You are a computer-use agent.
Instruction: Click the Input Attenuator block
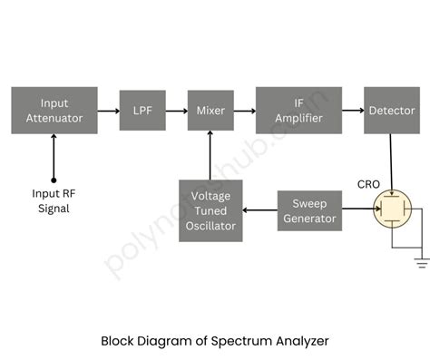54,111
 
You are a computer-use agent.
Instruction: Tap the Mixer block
210,111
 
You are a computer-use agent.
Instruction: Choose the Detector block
391,111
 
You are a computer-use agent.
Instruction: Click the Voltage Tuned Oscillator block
210,210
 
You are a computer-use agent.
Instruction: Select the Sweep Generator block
308,210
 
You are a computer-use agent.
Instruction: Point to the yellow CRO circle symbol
392,210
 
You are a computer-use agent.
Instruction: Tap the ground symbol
420,262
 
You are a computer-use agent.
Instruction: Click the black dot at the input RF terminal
54,180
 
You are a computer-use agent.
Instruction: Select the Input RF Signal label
54,201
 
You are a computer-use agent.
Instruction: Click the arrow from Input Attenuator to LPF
108,111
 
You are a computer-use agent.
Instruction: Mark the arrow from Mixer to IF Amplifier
245,111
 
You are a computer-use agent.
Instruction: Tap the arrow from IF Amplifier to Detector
354,111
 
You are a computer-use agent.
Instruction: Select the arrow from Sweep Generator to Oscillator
260,210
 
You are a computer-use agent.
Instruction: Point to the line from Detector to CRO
391,163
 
